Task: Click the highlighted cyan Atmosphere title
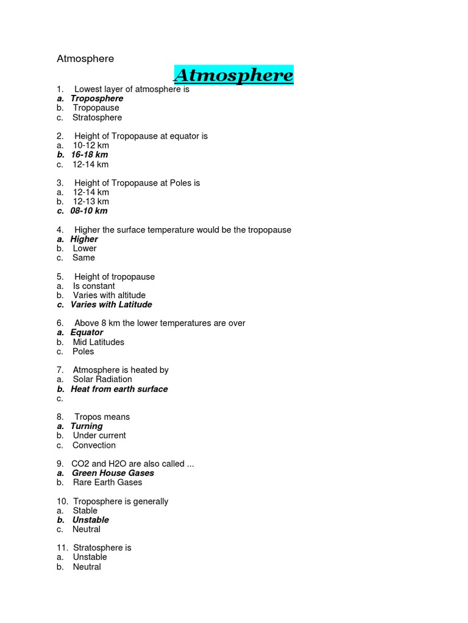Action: coord(233,75)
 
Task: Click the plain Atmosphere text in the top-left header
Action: coord(85,59)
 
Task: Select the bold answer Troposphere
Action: coord(96,99)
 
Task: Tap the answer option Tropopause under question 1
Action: coord(96,108)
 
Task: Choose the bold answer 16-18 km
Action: coord(89,155)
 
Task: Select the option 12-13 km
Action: coord(91,201)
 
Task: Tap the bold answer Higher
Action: coord(84,239)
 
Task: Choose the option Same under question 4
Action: coord(83,257)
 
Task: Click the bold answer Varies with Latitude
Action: coord(111,304)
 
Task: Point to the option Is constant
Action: coord(94,286)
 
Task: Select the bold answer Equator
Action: coord(87,332)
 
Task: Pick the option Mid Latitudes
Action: coord(98,342)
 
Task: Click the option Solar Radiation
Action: coord(102,379)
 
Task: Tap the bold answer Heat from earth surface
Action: coord(119,389)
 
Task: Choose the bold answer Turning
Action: coord(87,426)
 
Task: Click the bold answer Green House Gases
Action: coord(113,473)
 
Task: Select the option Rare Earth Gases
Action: coord(107,482)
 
